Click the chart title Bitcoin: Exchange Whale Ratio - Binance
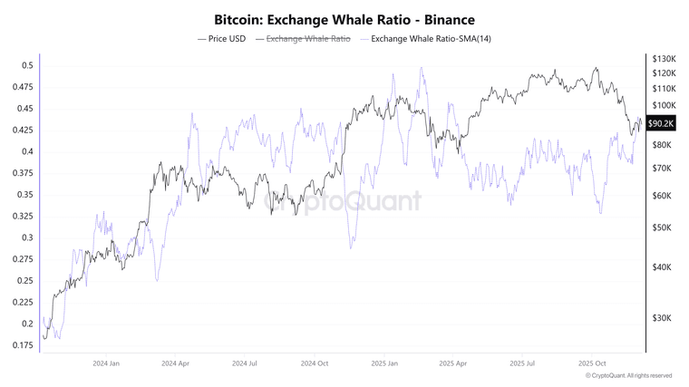pos(344,18)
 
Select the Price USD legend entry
pos(222,39)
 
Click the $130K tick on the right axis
pos(665,58)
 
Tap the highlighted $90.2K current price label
pos(662,124)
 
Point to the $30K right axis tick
pos(663,318)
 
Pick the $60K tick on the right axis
pos(663,196)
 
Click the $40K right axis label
pos(663,267)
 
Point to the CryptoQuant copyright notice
pos(628,375)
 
